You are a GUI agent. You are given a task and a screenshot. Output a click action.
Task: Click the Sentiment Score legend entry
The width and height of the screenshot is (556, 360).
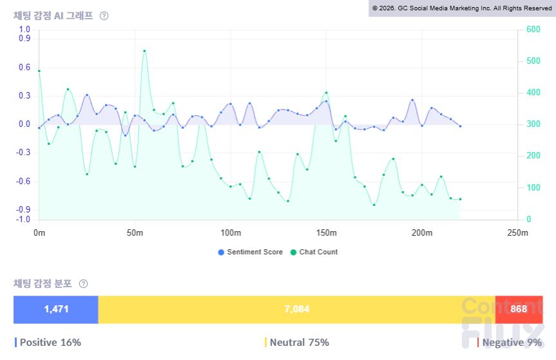251,252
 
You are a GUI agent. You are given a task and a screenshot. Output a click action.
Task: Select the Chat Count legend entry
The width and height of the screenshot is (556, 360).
314,252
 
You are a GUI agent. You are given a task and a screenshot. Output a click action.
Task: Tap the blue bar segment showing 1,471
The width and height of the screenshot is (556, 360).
55,309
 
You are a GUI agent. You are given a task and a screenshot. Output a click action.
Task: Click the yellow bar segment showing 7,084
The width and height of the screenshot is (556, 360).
297,309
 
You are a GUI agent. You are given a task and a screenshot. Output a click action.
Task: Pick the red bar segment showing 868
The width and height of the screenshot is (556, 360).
519,309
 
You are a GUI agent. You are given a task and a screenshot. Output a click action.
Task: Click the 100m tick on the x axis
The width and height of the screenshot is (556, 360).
231,232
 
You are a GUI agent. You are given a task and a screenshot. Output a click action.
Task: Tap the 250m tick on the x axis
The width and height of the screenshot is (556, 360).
518,232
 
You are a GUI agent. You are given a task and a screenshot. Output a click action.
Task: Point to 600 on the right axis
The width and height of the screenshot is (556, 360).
533,29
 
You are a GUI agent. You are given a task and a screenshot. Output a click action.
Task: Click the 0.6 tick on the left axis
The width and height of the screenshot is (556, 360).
24,68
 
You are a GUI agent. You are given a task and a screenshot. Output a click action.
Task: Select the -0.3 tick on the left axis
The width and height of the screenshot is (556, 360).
23,153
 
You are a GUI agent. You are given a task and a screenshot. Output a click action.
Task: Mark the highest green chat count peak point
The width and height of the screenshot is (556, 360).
144,51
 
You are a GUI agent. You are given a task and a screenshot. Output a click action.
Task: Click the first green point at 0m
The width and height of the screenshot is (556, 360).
39,71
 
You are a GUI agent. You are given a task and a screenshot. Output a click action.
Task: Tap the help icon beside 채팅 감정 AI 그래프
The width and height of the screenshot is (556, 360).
104,16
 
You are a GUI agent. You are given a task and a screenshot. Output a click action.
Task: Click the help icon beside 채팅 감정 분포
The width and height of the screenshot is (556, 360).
83,284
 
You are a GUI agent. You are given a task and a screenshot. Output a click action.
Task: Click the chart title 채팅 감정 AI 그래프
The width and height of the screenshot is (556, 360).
53,16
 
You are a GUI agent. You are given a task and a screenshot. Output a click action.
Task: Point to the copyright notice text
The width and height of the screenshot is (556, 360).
462,8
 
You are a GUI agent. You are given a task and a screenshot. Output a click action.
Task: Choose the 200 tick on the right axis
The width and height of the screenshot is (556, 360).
533,156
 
